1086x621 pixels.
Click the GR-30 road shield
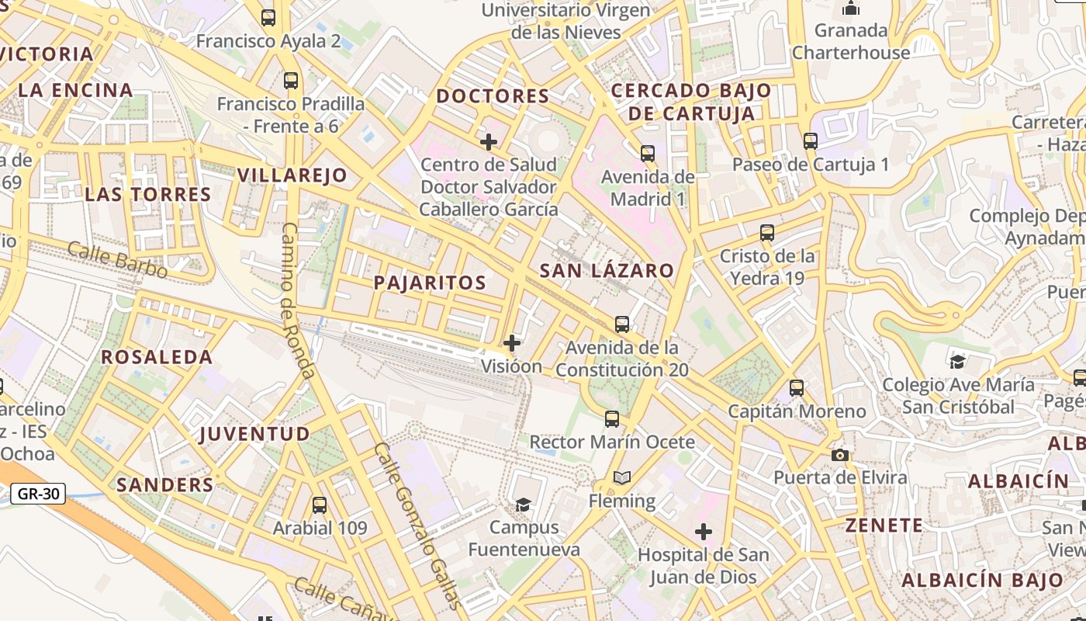pyautogui.click(x=38, y=493)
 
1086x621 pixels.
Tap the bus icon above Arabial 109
pyautogui.click(x=319, y=505)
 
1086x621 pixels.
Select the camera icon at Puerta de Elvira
pyautogui.click(x=839, y=455)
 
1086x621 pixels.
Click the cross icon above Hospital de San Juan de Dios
pyautogui.click(x=704, y=532)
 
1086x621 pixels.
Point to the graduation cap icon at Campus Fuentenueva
pyautogui.click(x=524, y=505)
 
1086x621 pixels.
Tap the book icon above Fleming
pyautogui.click(x=622, y=477)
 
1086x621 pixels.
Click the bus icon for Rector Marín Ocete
pyautogui.click(x=612, y=419)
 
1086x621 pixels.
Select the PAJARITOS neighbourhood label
pyautogui.click(x=430, y=283)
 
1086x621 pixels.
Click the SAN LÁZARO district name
pyautogui.click(x=607, y=271)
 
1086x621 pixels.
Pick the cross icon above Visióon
pyautogui.click(x=512, y=342)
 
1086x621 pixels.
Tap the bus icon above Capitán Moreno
pyautogui.click(x=797, y=388)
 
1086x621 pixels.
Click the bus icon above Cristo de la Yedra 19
pyautogui.click(x=767, y=233)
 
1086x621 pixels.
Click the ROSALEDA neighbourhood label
pyautogui.click(x=157, y=357)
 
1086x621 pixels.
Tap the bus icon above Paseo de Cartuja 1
pyautogui.click(x=811, y=141)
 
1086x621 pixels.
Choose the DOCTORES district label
pyautogui.click(x=493, y=96)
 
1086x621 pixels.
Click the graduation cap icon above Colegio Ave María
pyautogui.click(x=958, y=362)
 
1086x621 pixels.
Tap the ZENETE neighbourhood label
pyautogui.click(x=884, y=526)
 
